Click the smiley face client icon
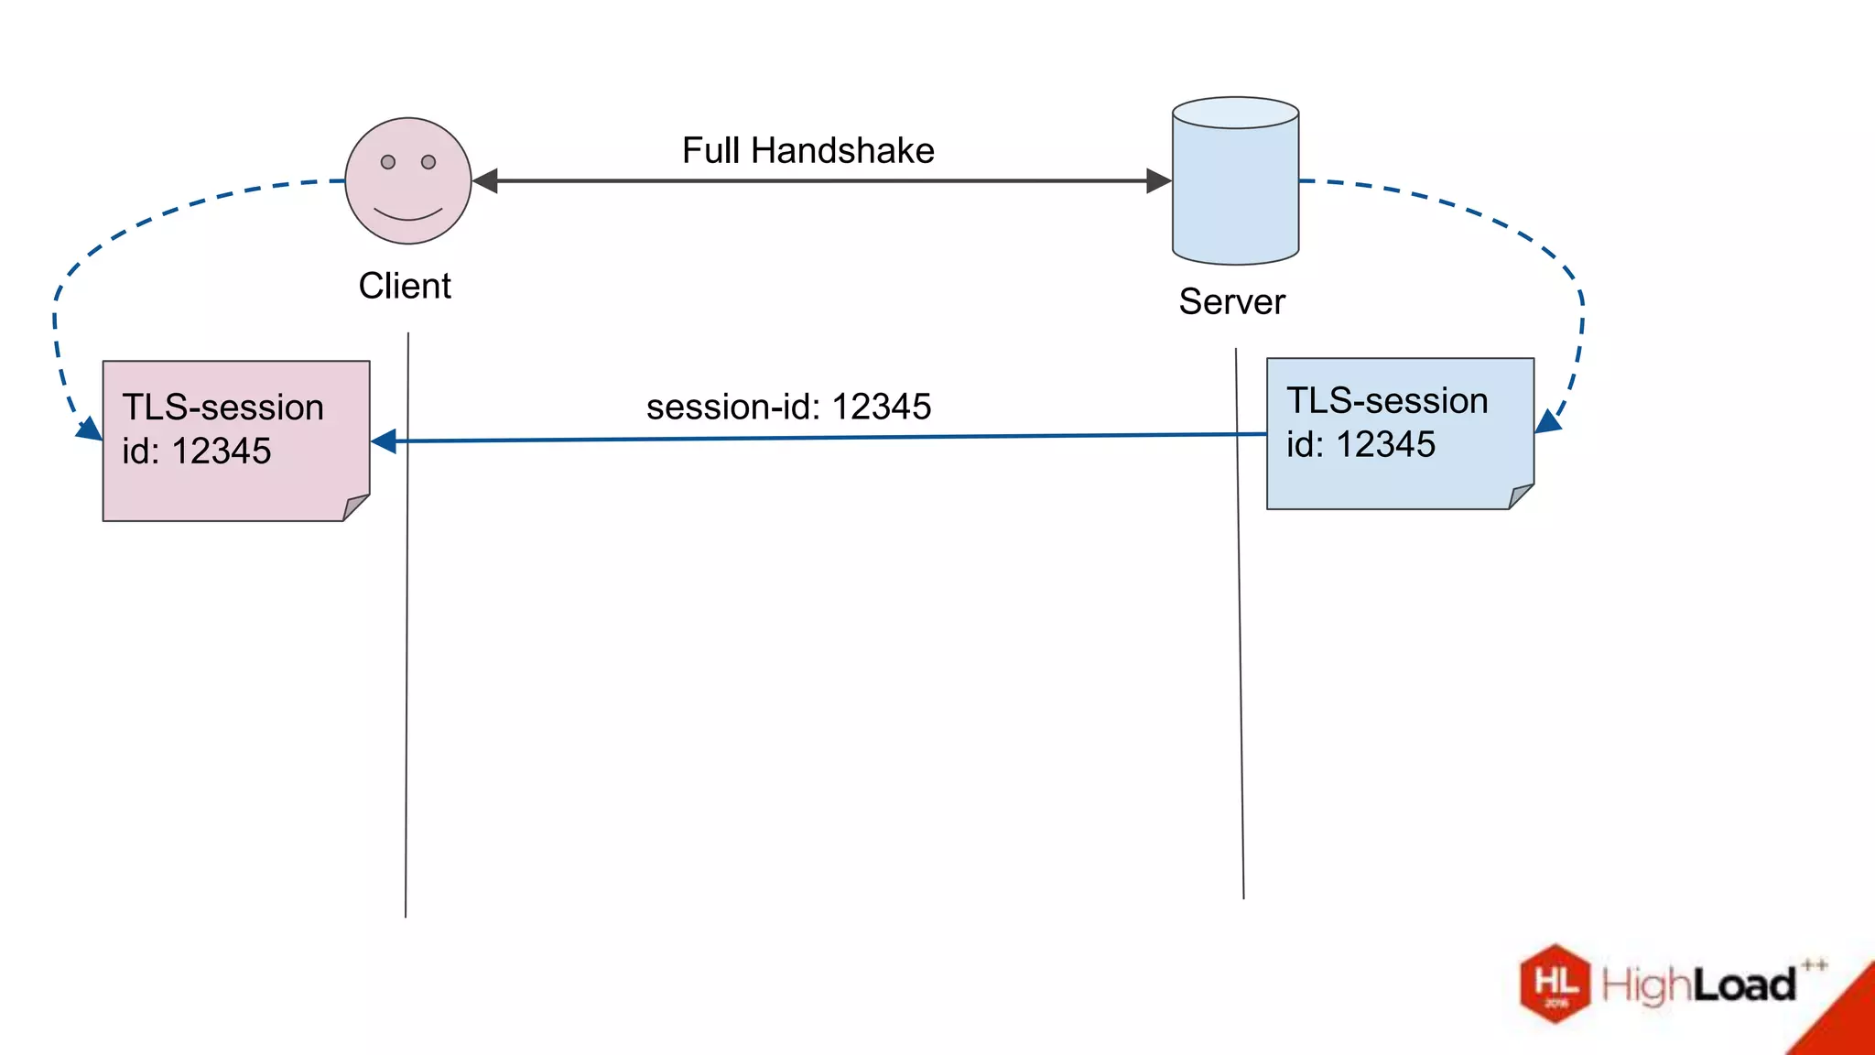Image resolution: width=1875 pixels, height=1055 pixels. [408, 180]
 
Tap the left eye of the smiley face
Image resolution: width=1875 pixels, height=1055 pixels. [388, 162]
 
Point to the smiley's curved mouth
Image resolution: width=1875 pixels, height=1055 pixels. [408, 215]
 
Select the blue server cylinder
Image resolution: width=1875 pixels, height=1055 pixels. [1235, 192]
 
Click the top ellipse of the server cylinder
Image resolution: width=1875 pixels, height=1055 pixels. [1235, 113]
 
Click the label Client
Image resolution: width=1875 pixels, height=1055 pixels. [405, 287]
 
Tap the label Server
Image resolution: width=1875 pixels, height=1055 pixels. [1231, 302]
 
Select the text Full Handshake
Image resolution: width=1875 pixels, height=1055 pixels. [807, 151]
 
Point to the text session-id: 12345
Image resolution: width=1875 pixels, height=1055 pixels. [788, 407]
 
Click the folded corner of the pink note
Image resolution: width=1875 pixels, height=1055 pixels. [355, 507]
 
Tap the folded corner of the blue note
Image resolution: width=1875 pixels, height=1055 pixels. [1520, 495]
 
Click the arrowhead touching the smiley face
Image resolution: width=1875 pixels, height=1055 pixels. [485, 181]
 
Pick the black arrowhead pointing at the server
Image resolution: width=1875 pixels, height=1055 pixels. [1159, 181]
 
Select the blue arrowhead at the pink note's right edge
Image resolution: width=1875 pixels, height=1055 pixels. [384, 441]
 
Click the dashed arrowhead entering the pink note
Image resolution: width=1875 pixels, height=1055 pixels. [90, 429]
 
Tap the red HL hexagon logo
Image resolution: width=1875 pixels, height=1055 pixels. [1555, 984]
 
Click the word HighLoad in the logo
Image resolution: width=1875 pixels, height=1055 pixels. [1698, 985]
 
